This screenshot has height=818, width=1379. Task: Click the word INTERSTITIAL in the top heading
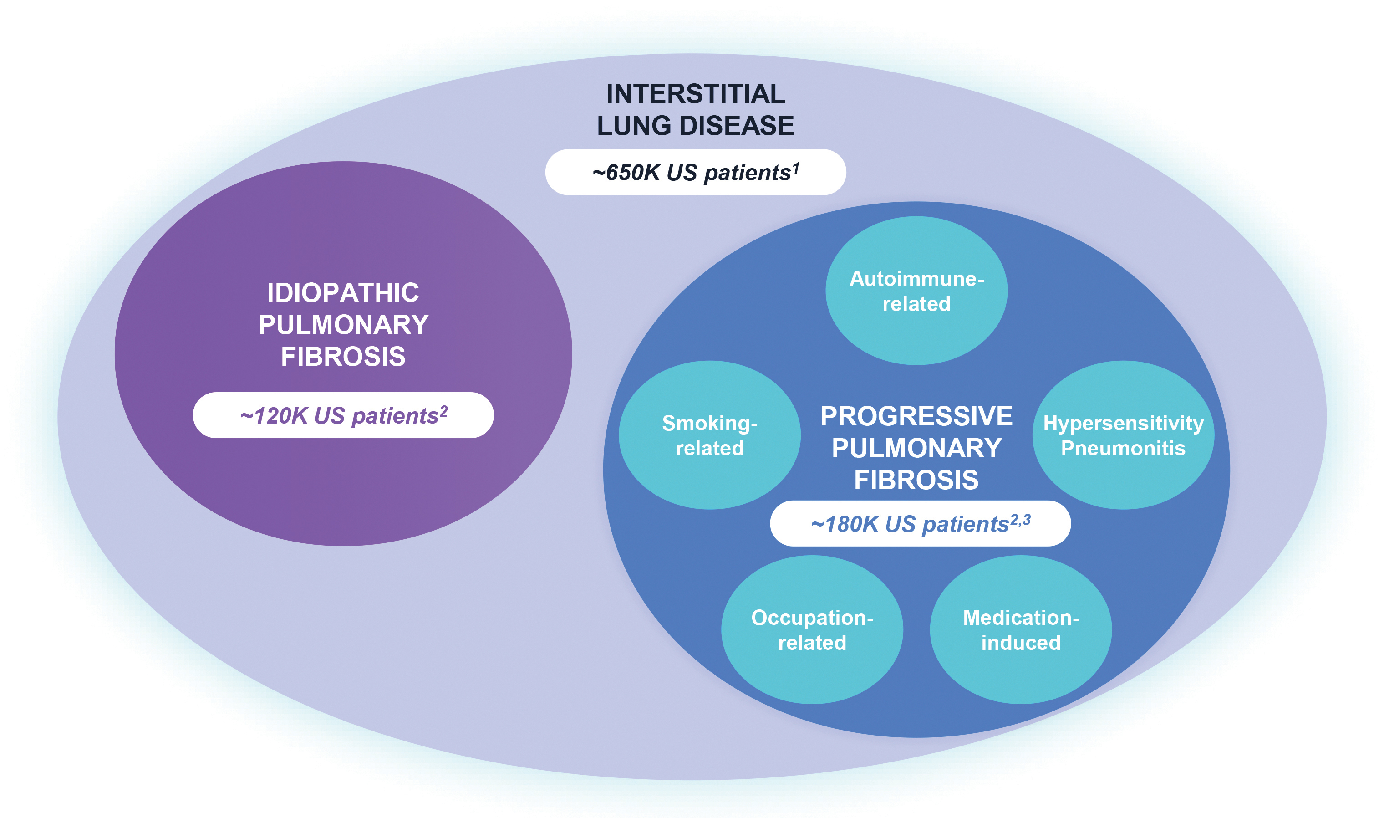tap(695, 94)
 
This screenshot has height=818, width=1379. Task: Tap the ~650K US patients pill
tap(695, 172)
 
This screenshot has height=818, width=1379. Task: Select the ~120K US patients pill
tap(343, 415)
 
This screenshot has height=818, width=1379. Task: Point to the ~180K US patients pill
tap(920, 524)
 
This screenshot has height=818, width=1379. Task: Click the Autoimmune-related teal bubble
tap(916, 291)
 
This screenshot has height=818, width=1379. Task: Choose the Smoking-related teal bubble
tap(710, 435)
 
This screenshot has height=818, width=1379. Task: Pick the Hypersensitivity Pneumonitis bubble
tap(1123, 435)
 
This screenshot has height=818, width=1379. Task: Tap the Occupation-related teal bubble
tap(812, 629)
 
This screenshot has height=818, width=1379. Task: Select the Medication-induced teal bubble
tap(1021, 629)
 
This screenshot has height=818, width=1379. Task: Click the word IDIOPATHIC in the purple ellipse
tap(343, 293)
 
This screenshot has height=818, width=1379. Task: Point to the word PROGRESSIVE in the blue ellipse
tap(916, 416)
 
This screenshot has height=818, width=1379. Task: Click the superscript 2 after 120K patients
tap(443, 411)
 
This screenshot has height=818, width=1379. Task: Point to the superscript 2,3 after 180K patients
tap(1020, 520)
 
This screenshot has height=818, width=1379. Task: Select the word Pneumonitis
tap(1123, 448)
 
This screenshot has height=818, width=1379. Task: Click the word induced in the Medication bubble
tap(1021, 643)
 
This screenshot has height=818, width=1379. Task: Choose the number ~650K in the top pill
tap(626, 173)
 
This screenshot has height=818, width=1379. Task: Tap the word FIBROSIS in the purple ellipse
tap(343, 357)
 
